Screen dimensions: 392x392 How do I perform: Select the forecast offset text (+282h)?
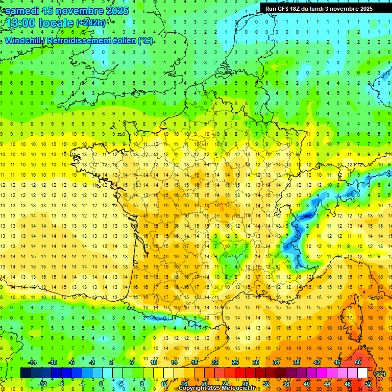coord(90,23)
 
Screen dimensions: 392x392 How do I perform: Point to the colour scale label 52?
coord(368,383)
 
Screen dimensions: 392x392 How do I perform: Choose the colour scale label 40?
coord(307,383)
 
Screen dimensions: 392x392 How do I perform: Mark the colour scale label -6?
coord(72,362)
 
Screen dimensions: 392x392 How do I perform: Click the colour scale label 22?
coord(215,362)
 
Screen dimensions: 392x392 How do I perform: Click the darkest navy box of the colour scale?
coord(26,373)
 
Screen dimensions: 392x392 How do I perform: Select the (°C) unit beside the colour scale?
coord(380,373)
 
